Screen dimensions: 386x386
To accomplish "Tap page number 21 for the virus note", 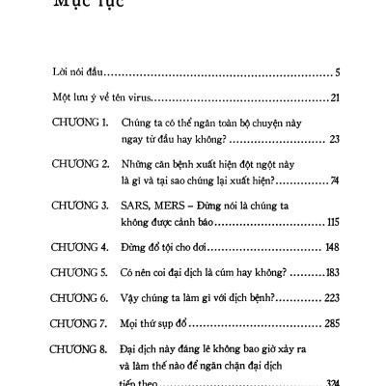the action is tap(332, 98).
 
